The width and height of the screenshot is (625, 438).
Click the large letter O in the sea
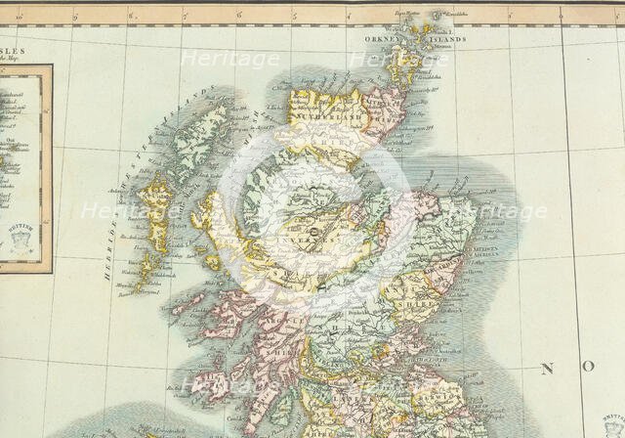589,367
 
